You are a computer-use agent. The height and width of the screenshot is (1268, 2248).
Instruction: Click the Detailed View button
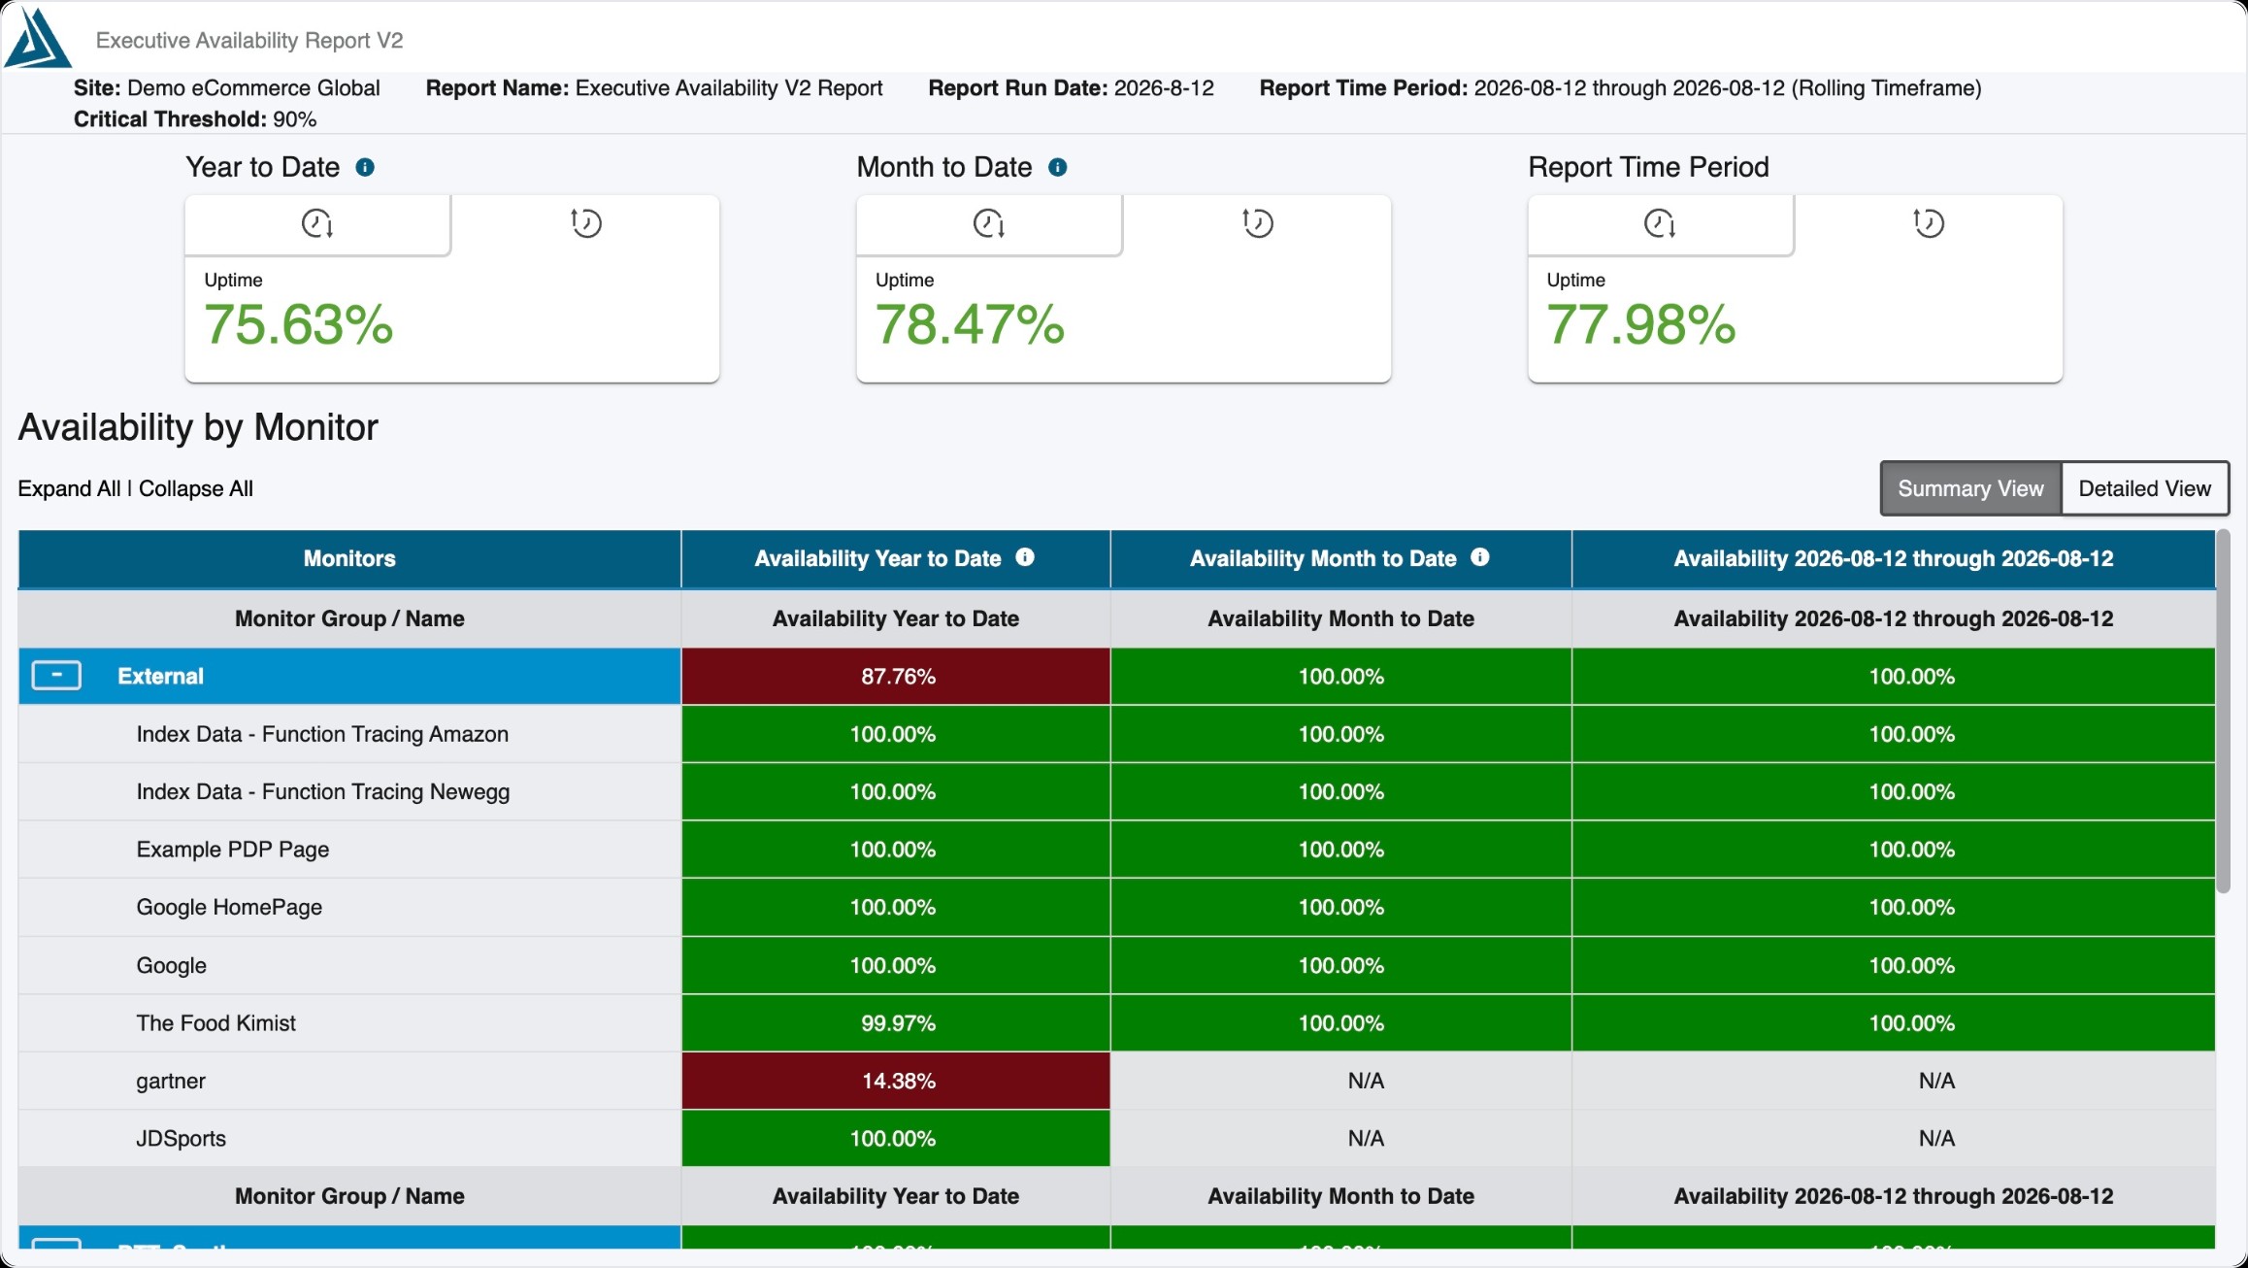pos(2144,488)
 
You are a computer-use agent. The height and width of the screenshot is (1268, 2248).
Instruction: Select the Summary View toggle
pos(1970,488)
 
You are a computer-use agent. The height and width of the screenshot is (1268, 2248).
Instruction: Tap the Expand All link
pos(69,488)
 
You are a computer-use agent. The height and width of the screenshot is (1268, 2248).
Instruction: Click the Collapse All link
pos(196,488)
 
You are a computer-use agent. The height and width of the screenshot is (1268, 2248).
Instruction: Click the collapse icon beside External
pos(56,676)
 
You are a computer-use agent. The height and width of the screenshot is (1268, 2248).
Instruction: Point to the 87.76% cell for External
pos(896,676)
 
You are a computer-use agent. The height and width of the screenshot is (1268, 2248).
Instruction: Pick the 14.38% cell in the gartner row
pos(896,1081)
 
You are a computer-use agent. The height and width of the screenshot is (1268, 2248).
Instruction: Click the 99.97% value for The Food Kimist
pos(899,1023)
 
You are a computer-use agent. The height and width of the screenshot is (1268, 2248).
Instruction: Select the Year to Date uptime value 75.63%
pos(299,324)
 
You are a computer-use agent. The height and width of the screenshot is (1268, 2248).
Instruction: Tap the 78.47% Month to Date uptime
pos(970,324)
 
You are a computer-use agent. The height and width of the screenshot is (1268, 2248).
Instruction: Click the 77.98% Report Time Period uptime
pos(1641,324)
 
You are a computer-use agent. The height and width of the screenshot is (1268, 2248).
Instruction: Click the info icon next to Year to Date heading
pos(365,167)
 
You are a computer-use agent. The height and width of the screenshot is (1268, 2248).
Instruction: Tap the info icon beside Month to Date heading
pos(1058,167)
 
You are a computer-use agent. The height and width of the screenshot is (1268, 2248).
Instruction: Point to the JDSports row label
pos(182,1138)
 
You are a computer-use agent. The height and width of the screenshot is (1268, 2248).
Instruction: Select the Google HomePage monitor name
pos(229,907)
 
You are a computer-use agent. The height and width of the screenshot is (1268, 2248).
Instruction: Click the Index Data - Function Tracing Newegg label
pos(323,791)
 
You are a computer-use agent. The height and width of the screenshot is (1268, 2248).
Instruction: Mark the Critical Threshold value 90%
pos(295,119)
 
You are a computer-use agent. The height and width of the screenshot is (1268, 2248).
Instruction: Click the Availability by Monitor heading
pos(198,427)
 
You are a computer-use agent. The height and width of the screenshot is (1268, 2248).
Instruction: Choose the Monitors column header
pos(349,558)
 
